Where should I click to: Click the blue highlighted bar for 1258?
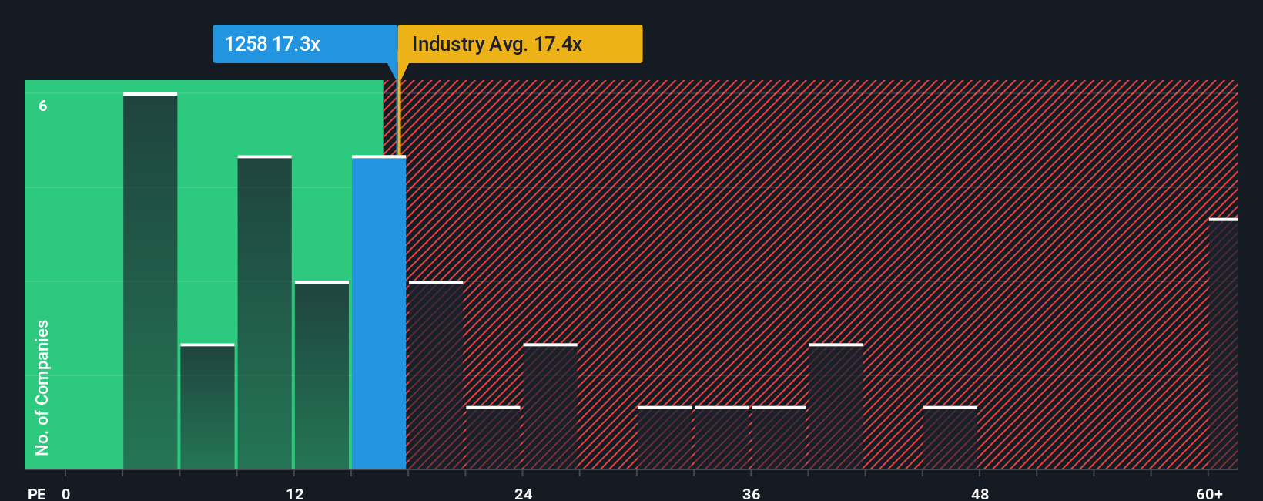(379, 312)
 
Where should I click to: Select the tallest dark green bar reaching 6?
(150, 281)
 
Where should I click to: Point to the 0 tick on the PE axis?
(66, 493)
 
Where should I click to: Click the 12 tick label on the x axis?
(294, 493)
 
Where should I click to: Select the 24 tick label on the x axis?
(523, 493)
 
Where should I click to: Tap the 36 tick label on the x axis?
(751, 493)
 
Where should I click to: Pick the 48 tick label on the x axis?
(980, 493)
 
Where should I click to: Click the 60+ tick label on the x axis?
(1209, 493)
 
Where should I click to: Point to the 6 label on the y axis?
(43, 106)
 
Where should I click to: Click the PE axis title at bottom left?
(36, 493)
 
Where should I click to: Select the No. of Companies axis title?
(42, 387)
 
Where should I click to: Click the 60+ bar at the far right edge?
(1223, 344)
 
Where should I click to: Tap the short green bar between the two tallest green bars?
(207, 406)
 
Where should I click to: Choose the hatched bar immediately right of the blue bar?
(436, 375)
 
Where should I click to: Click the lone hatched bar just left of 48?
(950, 438)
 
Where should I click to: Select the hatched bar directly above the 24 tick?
(550, 406)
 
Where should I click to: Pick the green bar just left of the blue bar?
(322, 375)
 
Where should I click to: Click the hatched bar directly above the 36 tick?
(779, 438)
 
